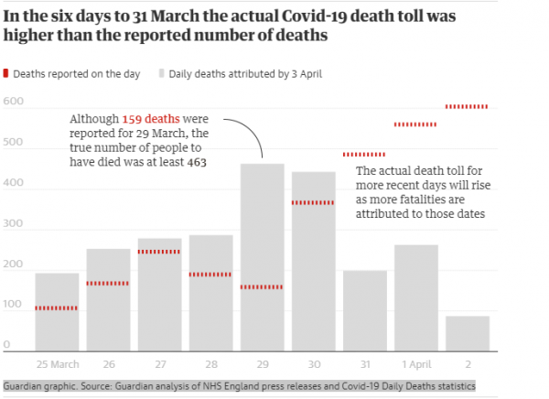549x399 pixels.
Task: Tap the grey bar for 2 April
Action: [467, 333]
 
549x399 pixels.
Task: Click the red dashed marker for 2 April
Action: [467, 107]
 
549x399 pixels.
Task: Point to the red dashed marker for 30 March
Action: [313, 202]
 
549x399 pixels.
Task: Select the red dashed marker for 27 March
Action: [159, 252]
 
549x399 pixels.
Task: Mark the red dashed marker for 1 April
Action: [415, 124]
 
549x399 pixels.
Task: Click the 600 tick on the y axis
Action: [13, 102]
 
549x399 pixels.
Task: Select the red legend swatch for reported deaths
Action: [6, 73]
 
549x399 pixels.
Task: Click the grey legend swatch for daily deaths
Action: [162, 73]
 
